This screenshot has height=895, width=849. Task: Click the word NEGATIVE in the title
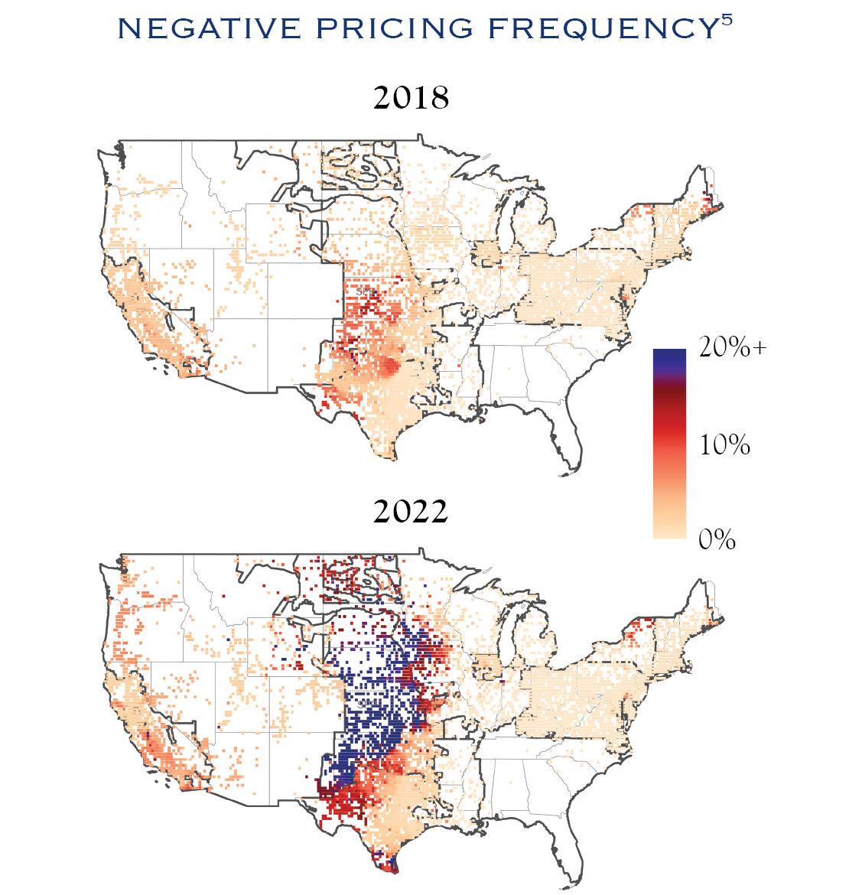point(210,28)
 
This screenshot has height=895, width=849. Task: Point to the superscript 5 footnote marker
point(727,20)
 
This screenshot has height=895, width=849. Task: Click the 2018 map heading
point(411,98)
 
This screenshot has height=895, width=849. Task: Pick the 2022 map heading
point(411,511)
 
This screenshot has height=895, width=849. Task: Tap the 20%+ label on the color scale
point(733,347)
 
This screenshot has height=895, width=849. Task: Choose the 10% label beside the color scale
point(724,444)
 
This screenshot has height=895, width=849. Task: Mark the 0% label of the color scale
point(717,539)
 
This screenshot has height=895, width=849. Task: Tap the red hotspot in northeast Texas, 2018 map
point(390,367)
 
